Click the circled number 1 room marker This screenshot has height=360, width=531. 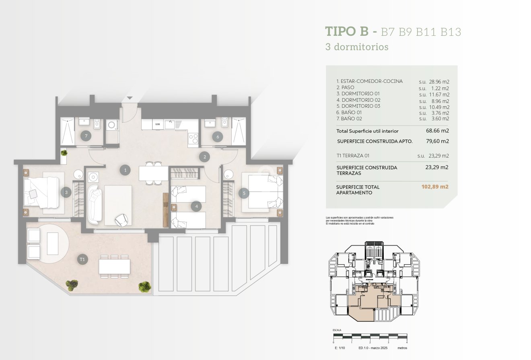pos(126,170)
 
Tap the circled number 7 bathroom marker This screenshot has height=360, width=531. pos(85,136)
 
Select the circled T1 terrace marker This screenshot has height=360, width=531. pos(82,259)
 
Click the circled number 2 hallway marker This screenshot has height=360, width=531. pos(205,156)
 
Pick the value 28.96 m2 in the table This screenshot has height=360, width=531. pos(434,82)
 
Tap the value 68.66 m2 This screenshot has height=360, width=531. pos(438,131)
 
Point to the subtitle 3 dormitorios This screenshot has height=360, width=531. pos(357,47)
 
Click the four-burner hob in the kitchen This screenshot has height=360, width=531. pos(193,138)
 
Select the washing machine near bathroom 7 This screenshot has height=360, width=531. pos(112,125)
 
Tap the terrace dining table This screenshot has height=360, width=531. pos(115,266)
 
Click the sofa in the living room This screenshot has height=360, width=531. pos(95,205)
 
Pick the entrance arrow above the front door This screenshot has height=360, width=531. pos(129,98)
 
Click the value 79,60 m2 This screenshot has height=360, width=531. pos(437,141)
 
